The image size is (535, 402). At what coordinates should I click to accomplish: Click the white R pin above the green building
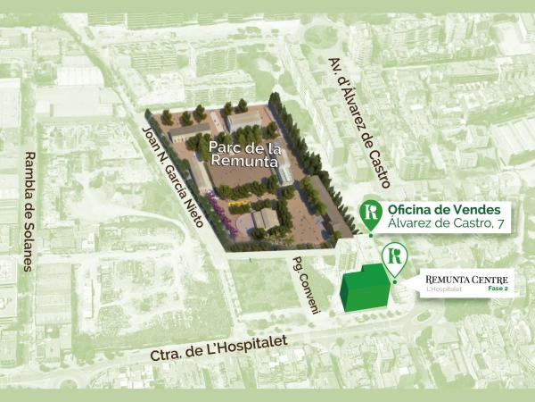tap(393, 259)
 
